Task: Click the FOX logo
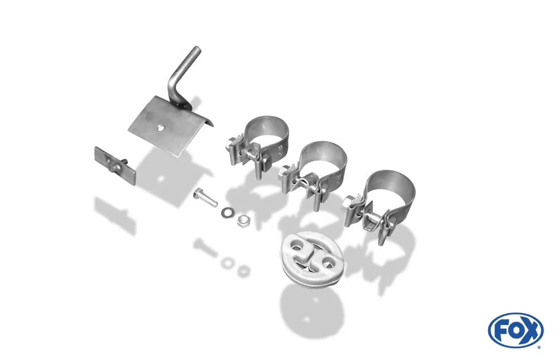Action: coord(515,330)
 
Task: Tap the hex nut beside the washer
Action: coord(243,222)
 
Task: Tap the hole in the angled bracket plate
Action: coord(161,128)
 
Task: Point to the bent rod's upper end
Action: coord(195,51)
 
